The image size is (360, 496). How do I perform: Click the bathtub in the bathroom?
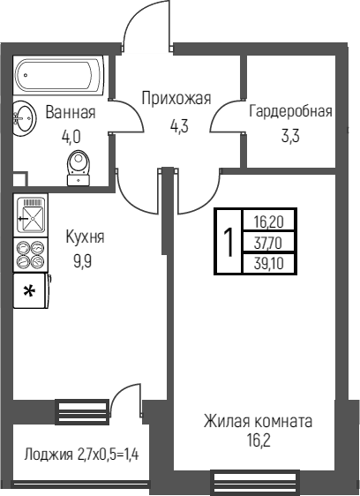click(x=59, y=75)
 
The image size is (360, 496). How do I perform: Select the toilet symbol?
click(x=79, y=168)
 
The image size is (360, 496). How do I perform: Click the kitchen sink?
click(x=31, y=214)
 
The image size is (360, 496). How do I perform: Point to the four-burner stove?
click(x=31, y=254)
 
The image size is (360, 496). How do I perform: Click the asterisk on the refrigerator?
click(x=29, y=291)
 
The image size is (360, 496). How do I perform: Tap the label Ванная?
click(x=71, y=112)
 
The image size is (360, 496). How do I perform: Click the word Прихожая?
click(x=176, y=98)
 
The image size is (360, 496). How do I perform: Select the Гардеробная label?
click(x=290, y=111)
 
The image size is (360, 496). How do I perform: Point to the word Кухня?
click(x=85, y=237)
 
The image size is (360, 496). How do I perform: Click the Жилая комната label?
click(x=258, y=421)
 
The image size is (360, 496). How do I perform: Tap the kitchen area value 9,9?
click(x=83, y=261)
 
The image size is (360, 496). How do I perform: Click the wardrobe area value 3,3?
click(x=290, y=136)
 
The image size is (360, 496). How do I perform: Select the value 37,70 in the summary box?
click(x=268, y=244)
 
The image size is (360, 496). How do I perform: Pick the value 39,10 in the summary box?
click(x=268, y=263)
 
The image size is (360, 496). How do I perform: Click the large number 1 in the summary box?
click(x=229, y=242)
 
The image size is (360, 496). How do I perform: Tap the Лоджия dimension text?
click(x=81, y=455)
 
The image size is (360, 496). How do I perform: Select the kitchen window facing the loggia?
click(x=82, y=411)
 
